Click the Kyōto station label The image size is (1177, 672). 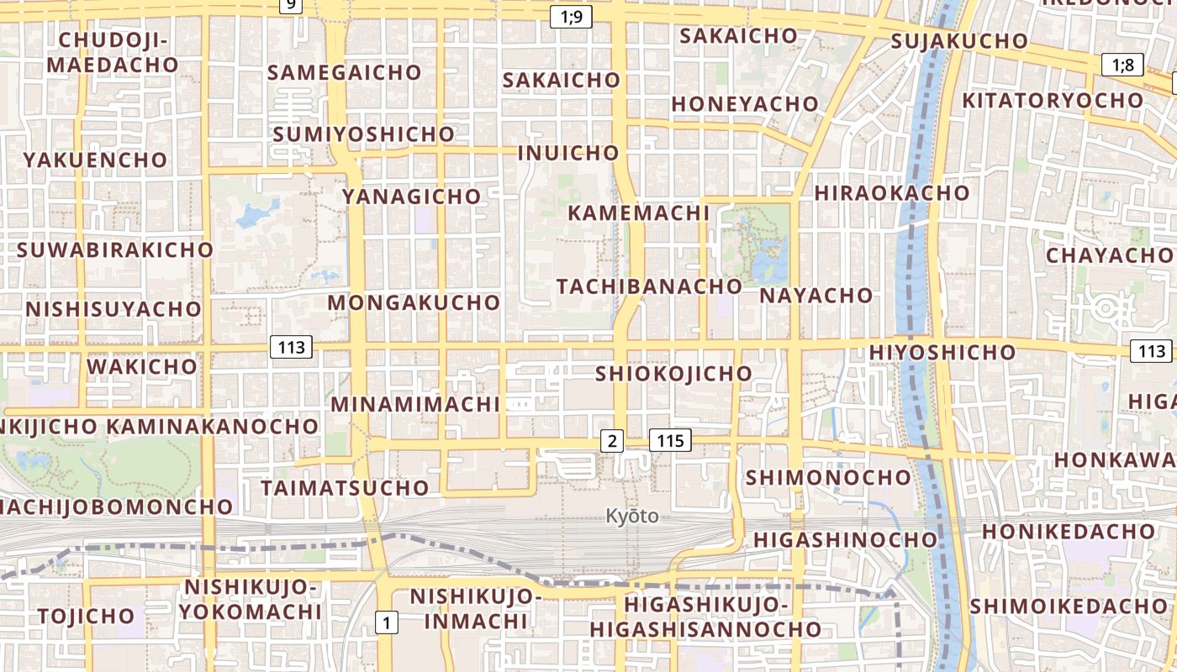coord(632,516)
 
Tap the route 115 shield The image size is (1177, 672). coord(670,439)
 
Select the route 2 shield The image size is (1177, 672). coord(612,439)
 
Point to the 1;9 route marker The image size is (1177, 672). coord(571,16)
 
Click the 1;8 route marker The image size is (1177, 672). coord(1123,65)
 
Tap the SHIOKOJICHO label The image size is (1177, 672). coord(673,374)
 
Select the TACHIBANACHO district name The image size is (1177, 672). coord(649,286)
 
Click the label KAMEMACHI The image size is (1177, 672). coord(638,213)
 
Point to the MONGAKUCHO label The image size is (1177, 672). coord(414,302)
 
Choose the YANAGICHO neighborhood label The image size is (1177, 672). coord(411,197)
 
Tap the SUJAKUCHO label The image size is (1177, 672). coord(959,41)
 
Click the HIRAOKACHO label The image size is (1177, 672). coord(891,193)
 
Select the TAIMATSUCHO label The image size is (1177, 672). coord(345,488)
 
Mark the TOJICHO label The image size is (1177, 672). coord(86,616)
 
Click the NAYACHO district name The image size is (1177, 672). coord(816,296)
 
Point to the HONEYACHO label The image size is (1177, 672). coord(745,104)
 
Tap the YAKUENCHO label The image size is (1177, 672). coord(95,160)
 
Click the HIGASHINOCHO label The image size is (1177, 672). coord(845,539)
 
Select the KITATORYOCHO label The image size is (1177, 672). coord(1053,101)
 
